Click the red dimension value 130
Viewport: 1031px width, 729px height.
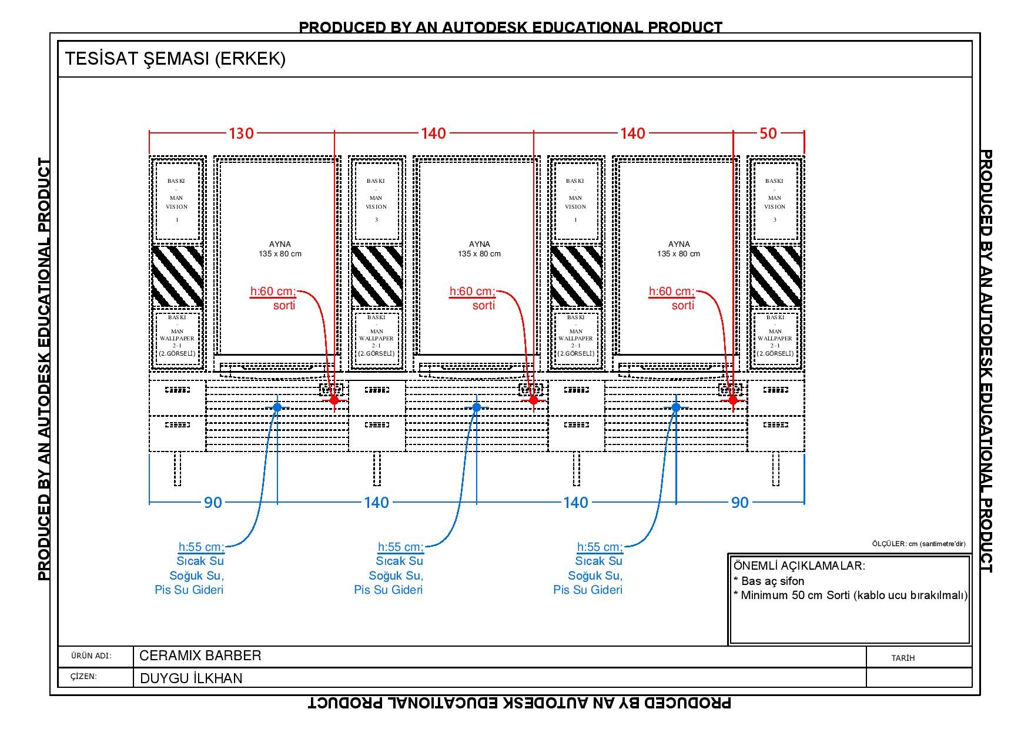(241, 133)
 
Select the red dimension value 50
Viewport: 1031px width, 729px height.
(768, 133)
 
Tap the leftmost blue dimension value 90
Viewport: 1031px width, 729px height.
(213, 503)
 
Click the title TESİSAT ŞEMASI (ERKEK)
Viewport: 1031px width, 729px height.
(175, 59)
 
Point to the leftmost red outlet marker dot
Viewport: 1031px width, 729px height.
(334, 400)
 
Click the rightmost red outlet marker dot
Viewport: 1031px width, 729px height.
(733, 400)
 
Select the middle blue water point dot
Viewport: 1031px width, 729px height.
(477, 407)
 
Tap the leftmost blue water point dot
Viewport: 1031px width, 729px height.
(277, 407)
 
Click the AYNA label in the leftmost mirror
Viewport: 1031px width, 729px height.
(280, 244)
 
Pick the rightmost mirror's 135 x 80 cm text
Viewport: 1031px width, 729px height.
(678, 254)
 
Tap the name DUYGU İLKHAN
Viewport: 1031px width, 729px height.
(191, 678)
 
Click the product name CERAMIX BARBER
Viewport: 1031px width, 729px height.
(200, 656)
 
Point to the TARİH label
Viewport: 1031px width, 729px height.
(903, 658)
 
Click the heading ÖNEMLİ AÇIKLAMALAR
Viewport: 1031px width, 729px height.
(799, 566)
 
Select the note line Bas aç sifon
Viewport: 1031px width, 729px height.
(769, 581)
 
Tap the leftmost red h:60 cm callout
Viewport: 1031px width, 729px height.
(273, 292)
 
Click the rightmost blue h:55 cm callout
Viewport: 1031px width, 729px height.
(600, 547)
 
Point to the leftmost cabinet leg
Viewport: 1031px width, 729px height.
(178, 469)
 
